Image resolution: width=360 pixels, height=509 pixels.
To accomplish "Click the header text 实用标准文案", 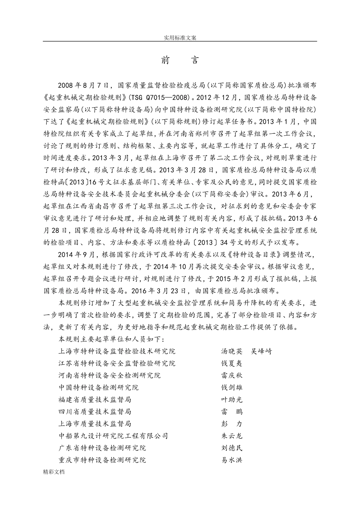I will coord(180,37).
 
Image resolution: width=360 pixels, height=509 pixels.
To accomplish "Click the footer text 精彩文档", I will coord(54,472).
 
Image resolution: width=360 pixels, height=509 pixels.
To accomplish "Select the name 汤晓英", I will coord(232,351).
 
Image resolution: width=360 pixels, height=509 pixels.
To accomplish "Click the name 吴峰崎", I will coord(261,351).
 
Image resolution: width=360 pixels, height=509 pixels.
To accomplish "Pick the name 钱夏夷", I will coord(232,363).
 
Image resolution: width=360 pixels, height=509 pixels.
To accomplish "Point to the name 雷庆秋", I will coord(232,375).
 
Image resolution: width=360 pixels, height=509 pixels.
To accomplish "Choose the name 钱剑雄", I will coord(232,387).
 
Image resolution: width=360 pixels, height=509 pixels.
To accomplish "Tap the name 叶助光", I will coord(232,400).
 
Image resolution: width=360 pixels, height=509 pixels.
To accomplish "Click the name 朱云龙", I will coord(232,436).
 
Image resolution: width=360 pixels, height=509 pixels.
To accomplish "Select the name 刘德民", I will coord(232,448).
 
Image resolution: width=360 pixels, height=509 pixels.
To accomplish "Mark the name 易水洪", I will coord(232,460).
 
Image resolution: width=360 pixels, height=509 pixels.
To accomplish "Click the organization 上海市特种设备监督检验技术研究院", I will coord(117,351).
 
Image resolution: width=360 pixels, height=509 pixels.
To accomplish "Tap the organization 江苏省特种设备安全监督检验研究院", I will coord(117,363).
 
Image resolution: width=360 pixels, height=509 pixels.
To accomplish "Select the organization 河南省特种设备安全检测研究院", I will coord(110,375).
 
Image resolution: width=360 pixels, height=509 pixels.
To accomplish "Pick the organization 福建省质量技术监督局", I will coord(95,400).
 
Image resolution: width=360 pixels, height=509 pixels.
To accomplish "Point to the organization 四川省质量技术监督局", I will coord(95,412).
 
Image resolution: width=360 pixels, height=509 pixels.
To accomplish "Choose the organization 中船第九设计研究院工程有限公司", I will coord(113,436).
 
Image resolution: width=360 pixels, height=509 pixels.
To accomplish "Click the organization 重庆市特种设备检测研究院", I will coord(102,460).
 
